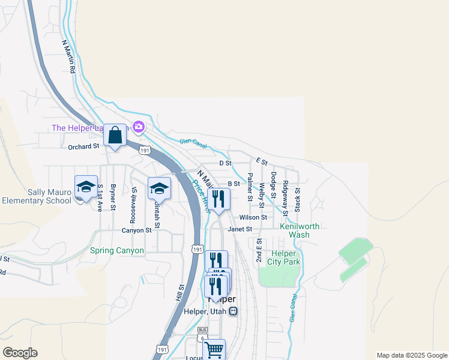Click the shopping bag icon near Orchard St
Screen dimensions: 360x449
tap(115, 136)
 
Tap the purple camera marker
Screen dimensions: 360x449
tap(139, 127)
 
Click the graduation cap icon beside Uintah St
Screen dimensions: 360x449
tap(159, 188)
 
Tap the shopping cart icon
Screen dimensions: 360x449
tap(214, 349)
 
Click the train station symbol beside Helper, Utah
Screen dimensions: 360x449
tap(234, 311)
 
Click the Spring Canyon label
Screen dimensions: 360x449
tap(117, 250)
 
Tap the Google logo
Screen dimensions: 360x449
tap(20, 353)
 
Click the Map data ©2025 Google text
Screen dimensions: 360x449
tap(411, 355)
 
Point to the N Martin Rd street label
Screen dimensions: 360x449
tap(68, 57)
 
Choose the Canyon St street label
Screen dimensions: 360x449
tap(136, 230)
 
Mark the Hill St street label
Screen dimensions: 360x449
tap(178, 293)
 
